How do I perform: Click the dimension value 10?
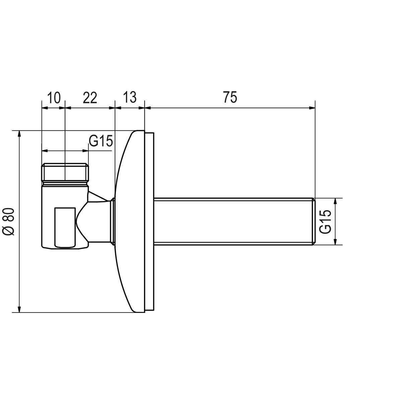(54, 97)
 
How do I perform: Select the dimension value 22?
(90, 97)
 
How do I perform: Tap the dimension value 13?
(130, 97)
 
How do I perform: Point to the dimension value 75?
(230, 97)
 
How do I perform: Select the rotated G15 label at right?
(325, 221)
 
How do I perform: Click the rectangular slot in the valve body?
(65, 227)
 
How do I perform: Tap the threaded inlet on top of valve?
(65, 172)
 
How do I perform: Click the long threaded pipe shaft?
(233, 221)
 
